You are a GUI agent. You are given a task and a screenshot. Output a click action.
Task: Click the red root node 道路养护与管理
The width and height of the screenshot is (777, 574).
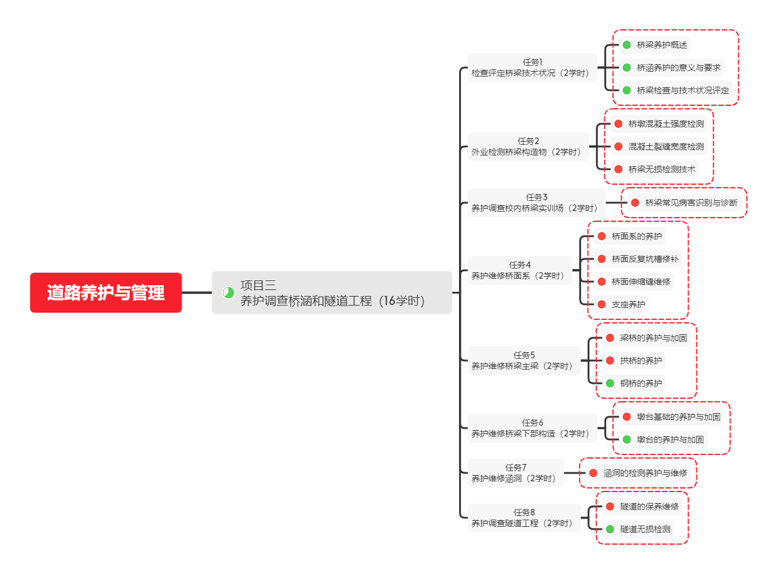click(x=106, y=292)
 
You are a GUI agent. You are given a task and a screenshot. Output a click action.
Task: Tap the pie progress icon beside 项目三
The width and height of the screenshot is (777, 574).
click(x=228, y=292)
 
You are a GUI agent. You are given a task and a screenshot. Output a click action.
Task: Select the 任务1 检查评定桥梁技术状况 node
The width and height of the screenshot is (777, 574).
click(x=532, y=68)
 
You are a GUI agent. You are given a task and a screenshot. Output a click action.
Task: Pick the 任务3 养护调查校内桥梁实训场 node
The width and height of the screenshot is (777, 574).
click(x=536, y=203)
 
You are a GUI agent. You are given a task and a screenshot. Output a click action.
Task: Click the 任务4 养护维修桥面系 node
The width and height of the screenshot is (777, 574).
click(x=519, y=270)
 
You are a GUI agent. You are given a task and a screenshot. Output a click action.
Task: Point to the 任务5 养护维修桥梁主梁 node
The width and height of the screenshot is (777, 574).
click(x=524, y=361)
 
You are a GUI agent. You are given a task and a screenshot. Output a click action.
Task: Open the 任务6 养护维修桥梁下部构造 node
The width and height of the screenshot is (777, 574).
click(x=532, y=428)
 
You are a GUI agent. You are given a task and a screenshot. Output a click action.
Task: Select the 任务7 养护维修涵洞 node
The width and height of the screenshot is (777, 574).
click(x=515, y=473)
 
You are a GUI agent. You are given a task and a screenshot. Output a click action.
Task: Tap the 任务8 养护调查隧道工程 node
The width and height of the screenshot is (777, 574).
click(x=524, y=518)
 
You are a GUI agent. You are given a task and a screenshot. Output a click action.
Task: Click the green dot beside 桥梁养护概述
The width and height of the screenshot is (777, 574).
click(x=627, y=45)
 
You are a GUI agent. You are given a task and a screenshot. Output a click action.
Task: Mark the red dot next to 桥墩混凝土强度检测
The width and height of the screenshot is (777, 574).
click(x=619, y=124)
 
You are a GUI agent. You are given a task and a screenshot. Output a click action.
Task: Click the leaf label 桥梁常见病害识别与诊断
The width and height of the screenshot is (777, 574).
click(x=691, y=203)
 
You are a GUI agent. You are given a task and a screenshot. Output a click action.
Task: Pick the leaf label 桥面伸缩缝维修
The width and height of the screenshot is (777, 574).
click(x=641, y=282)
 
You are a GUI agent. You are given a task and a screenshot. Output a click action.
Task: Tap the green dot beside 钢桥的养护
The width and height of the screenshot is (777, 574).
click(x=610, y=383)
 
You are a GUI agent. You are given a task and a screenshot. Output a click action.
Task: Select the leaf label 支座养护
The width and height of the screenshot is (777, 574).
click(x=628, y=304)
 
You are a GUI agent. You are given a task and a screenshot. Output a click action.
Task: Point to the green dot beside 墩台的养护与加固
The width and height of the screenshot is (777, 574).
click(x=627, y=439)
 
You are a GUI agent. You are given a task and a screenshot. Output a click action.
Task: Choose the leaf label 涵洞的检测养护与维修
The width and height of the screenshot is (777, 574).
click(x=645, y=473)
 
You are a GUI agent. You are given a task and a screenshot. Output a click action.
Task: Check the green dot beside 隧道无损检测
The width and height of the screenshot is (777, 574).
click(x=610, y=529)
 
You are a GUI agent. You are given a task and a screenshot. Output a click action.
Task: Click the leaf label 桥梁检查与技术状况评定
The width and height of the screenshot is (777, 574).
click(x=683, y=90)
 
